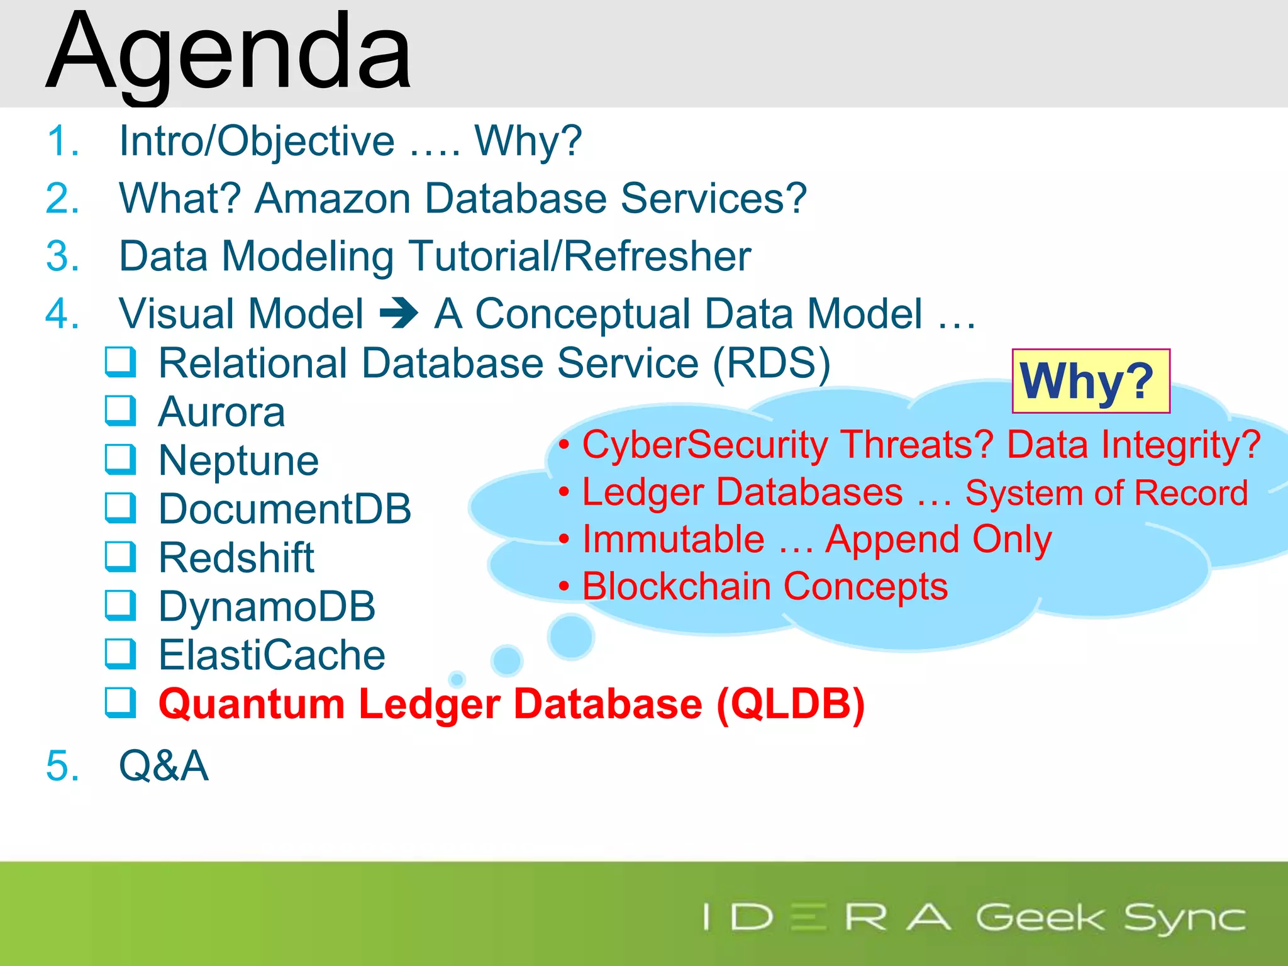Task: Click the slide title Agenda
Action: [x=230, y=53]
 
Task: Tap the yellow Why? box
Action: [x=1091, y=381]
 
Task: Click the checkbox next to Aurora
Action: [x=120, y=411]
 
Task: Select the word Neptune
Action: [x=239, y=460]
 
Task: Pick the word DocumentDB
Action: [x=285, y=509]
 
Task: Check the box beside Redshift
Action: [x=120, y=557]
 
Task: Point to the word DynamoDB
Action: [x=267, y=606]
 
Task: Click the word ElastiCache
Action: [x=272, y=655]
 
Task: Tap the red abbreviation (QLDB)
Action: [x=791, y=704]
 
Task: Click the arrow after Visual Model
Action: [x=399, y=313]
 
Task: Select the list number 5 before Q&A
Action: [x=62, y=766]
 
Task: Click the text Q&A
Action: [x=164, y=766]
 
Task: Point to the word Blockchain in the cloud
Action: [x=677, y=587]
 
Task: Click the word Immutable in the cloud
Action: [x=673, y=540]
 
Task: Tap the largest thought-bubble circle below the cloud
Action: [x=571, y=636]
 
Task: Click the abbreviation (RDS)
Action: [x=771, y=364]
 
